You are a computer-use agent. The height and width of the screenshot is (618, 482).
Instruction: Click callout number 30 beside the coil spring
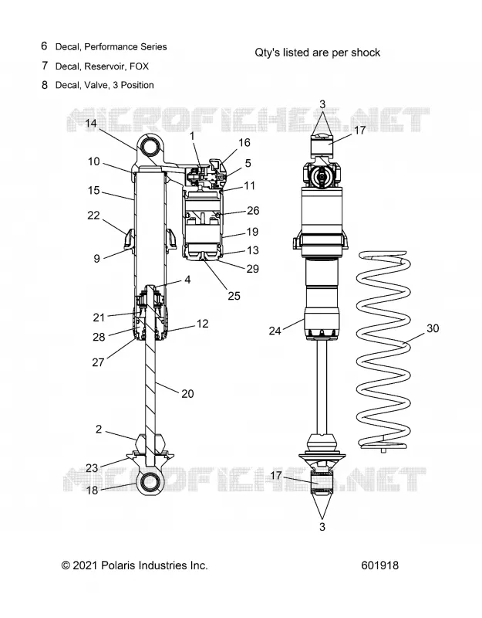(433, 328)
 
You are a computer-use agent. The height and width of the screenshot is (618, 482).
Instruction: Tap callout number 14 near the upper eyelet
(91, 124)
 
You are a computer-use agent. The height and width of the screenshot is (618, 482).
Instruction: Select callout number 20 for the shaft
(187, 394)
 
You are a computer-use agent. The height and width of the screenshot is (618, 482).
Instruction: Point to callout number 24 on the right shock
(275, 331)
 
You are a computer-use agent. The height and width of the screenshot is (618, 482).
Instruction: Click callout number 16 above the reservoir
(244, 142)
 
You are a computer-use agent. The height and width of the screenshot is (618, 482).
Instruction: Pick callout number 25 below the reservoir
(234, 296)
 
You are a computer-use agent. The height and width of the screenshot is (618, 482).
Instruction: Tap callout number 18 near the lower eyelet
(92, 490)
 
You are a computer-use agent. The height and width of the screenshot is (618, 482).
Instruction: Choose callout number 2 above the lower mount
(99, 429)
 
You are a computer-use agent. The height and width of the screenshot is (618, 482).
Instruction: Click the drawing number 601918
(379, 565)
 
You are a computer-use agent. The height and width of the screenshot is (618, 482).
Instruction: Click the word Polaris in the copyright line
(118, 565)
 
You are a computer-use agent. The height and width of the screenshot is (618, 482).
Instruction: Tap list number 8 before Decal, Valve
(45, 85)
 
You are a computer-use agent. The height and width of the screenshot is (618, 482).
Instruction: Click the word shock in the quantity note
(366, 53)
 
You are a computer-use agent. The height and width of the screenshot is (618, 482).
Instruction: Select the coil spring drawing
(383, 351)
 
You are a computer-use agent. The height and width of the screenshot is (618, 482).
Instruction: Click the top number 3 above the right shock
(322, 104)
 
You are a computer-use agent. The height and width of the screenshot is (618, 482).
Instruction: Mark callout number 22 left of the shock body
(93, 216)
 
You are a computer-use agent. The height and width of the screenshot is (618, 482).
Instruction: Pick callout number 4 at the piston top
(187, 280)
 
